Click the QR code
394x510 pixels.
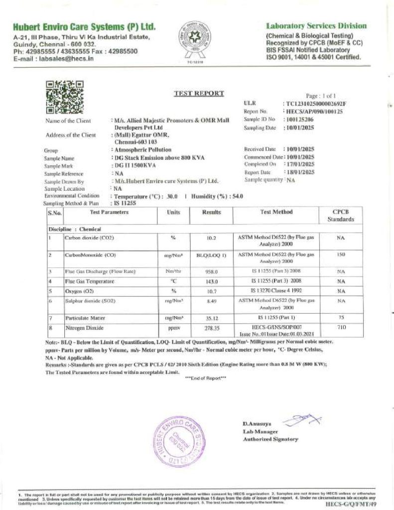[65, 97]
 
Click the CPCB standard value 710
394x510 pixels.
[341, 329]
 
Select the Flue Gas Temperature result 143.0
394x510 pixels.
[212, 281]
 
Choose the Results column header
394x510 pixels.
[212, 212]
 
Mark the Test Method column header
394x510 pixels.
[276, 212]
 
